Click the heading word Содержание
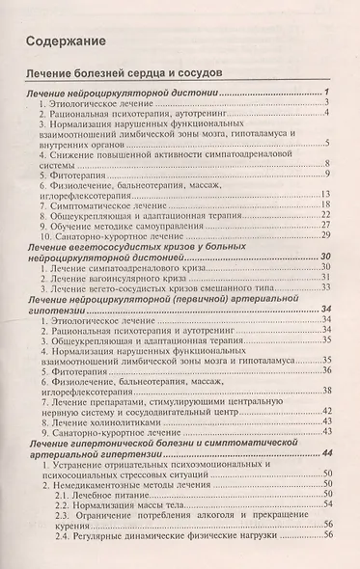coord(66,42)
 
